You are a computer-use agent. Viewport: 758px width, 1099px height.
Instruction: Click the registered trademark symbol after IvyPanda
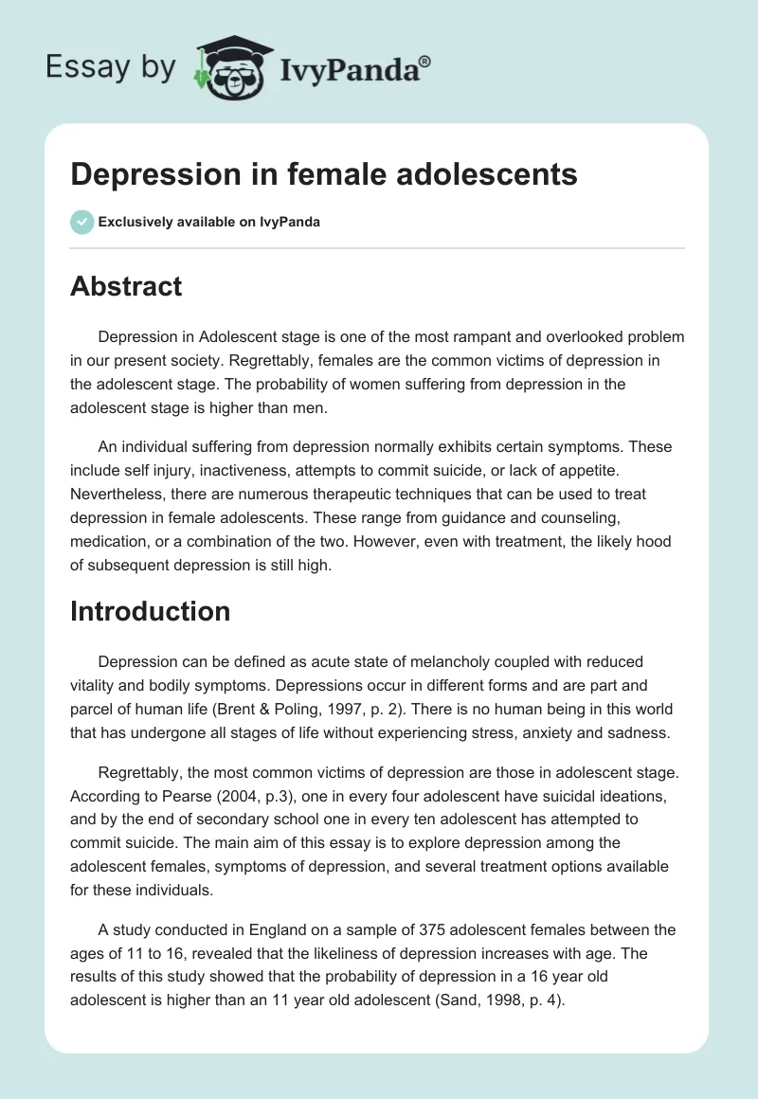(x=426, y=62)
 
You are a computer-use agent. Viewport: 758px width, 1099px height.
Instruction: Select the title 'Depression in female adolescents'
(x=324, y=174)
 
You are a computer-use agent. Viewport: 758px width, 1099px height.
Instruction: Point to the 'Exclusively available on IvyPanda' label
(x=208, y=223)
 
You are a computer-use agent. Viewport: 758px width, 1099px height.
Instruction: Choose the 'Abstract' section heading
(x=126, y=286)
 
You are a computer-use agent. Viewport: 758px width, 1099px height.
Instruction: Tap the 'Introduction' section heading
(x=150, y=611)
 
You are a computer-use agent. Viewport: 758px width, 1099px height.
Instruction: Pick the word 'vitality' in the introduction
(x=97, y=685)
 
